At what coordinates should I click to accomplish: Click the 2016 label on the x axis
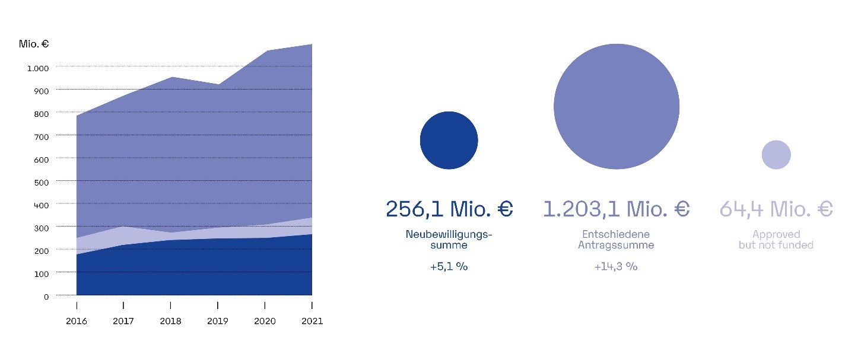coord(77,321)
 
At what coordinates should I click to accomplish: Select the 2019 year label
coord(218,321)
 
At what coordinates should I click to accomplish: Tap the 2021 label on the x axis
coord(312,321)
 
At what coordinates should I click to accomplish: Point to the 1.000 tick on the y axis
coord(38,68)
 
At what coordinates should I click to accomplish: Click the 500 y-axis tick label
coord(42,182)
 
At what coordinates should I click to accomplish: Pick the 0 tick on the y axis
coord(46,297)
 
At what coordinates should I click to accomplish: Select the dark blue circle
coord(449,141)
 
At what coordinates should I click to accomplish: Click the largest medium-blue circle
coord(616,107)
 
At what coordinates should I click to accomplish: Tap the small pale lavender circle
coord(776,155)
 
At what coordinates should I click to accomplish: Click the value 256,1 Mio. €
coord(449,209)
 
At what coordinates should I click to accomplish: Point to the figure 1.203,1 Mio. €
coord(616,209)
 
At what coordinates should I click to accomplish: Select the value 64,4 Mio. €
coord(776,209)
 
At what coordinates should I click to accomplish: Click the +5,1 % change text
coord(449,267)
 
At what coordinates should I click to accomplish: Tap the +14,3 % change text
coord(616,267)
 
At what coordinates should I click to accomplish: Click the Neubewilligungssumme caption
coord(449,239)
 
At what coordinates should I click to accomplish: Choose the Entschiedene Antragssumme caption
coord(616,239)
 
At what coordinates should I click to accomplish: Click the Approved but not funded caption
coord(776,239)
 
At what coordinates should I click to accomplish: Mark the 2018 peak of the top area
coord(171,78)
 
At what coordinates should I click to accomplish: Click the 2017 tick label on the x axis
coord(123,321)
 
